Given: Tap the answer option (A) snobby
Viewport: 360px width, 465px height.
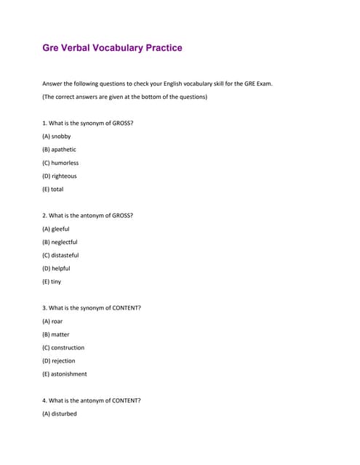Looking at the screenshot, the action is pyautogui.click(x=57, y=136).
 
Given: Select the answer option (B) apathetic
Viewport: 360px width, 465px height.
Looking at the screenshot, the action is pyautogui.click(x=60, y=150).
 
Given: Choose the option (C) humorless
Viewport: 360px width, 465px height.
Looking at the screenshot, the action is pyautogui.click(x=60, y=163).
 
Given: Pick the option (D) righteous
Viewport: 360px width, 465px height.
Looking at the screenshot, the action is pyautogui.click(x=60, y=176).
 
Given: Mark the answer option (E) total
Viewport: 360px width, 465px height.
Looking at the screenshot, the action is pyautogui.click(x=53, y=189).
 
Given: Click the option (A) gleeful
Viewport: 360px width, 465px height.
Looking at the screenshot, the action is pyautogui.click(x=56, y=229).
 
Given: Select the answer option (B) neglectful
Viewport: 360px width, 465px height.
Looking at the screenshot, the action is pyautogui.click(x=60, y=242).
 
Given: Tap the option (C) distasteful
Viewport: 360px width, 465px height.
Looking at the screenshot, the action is pyautogui.click(x=61, y=255).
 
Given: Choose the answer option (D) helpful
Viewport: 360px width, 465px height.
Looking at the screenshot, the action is pyautogui.click(x=57, y=268).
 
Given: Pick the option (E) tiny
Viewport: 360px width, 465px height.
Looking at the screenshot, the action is pyautogui.click(x=52, y=281).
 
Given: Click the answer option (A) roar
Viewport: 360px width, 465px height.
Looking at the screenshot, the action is pyautogui.click(x=53, y=321).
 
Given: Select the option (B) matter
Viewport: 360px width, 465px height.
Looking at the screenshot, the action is pyautogui.click(x=56, y=334).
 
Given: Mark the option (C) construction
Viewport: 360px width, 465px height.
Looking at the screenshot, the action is pyautogui.click(x=63, y=347).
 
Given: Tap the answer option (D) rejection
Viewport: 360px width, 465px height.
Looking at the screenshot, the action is pyautogui.click(x=59, y=360).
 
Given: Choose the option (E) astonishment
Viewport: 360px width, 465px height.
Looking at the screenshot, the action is pyautogui.click(x=65, y=374).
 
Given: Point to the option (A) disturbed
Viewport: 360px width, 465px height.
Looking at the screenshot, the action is pyautogui.click(x=60, y=414).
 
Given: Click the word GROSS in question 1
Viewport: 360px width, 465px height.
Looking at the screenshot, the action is pyautogui.click(x=122, y=123).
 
